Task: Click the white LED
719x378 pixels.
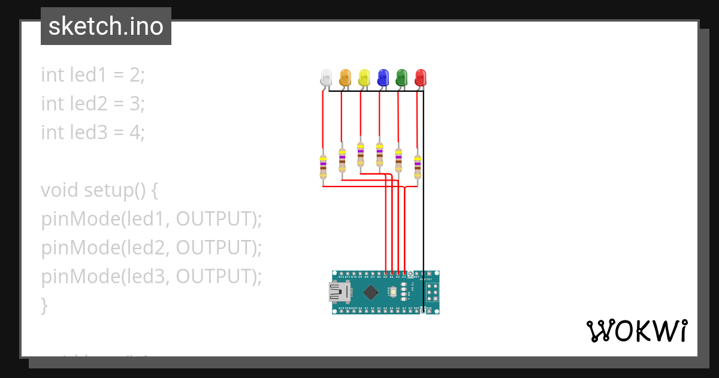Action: (326, 77)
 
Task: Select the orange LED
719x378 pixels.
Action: (345, 77)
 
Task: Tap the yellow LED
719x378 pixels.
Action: (364, 77)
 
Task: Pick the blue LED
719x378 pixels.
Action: (382, 77)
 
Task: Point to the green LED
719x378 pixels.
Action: (401, 77)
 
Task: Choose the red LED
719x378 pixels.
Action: (421, 77)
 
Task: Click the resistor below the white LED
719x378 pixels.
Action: (323, 166)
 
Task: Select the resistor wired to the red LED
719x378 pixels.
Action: (418, 166)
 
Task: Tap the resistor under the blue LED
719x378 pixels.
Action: (379, 155)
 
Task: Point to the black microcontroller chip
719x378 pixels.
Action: (371, 292)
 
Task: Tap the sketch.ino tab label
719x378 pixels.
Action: (106, 26)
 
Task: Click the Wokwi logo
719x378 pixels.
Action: (636, 331)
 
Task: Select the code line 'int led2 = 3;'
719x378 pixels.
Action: (93, 103)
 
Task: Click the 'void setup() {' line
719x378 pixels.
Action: (99, 190)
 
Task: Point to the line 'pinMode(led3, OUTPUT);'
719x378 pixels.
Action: (152, 276)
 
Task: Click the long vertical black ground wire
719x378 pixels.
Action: (424, 198)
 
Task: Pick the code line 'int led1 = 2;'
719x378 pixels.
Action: (93, 75)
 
